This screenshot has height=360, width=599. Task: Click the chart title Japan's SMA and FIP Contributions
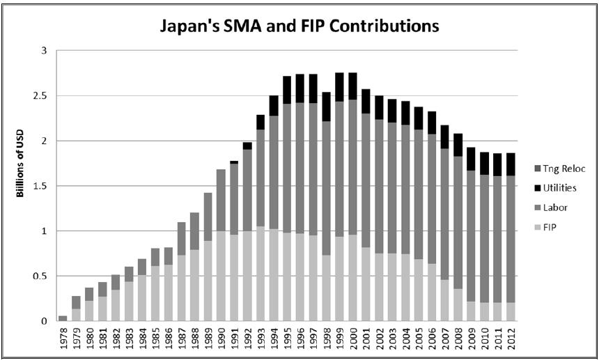(299, 26)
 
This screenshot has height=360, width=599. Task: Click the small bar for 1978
(63, 318)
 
